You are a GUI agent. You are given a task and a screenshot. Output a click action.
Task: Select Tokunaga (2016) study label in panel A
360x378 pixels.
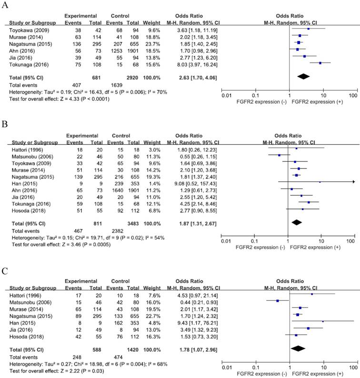point(22,63)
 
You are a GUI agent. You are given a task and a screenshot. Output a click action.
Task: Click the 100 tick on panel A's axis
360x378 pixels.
point(353,97)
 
